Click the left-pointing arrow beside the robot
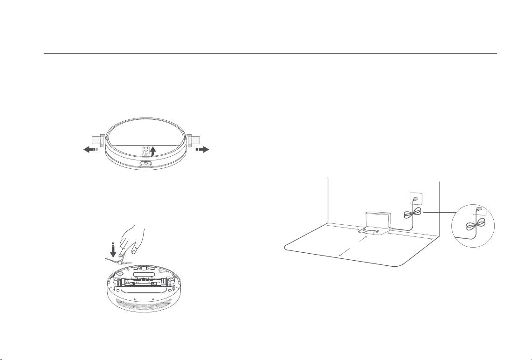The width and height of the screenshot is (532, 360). [90, 149]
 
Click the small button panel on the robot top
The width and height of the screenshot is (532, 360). [145, 150]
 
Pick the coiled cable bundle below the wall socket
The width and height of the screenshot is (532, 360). [412, 214]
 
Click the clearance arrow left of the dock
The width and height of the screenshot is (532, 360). [343, 227]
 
